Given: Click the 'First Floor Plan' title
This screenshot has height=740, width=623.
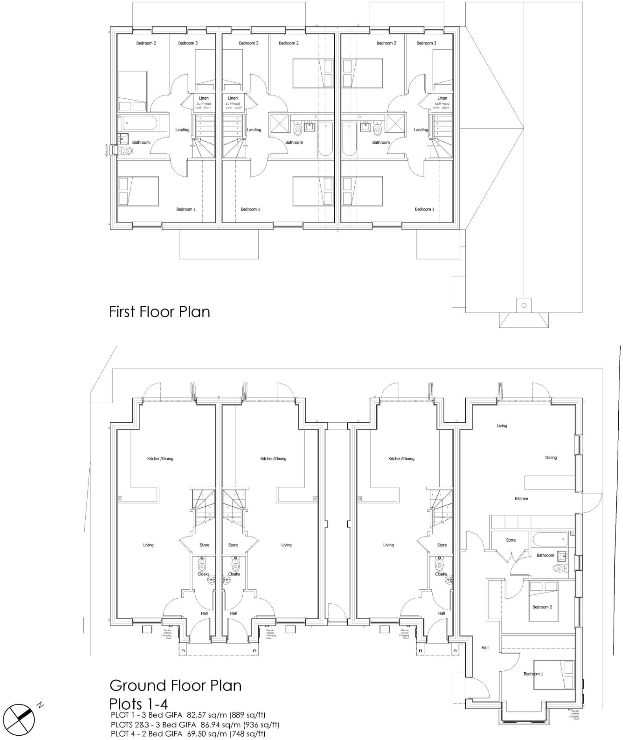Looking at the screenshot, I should tap(159, 312).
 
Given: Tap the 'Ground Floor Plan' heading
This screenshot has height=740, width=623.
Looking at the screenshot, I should tap(175, 685).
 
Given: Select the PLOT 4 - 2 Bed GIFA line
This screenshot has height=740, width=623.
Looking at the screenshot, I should tap(188, 734).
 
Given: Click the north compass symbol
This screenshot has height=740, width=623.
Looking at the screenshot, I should tap(19, 717).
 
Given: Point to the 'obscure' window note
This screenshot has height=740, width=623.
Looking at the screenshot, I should tap(106, 150).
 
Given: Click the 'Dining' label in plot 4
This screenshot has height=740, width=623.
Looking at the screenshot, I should tap(551, 457).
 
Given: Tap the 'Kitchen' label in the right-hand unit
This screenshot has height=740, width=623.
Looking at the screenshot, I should tap(521, 499).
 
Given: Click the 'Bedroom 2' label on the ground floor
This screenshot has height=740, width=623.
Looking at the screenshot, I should tap(542, 607).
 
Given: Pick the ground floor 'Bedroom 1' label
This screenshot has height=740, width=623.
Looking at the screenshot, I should tap(533, 674).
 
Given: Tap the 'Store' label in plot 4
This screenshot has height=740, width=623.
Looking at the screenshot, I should tap(511, 540).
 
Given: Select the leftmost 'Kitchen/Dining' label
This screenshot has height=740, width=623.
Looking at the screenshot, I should tap(160, 459).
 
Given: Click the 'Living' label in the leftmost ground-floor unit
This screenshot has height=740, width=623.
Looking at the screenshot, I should tap(148, 545).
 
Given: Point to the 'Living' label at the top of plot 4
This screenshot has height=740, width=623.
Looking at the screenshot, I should tap(501, 425).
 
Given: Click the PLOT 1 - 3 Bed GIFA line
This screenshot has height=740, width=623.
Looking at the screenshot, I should tap(188, 715).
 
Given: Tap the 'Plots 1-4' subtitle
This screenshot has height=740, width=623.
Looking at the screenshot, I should tap(138, 703).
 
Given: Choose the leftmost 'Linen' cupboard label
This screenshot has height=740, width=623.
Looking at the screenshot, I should tap(203, 98).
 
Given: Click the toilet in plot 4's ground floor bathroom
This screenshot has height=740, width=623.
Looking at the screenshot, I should tap(558, 568).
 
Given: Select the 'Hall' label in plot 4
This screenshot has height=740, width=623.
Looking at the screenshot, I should tap(485, 647).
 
